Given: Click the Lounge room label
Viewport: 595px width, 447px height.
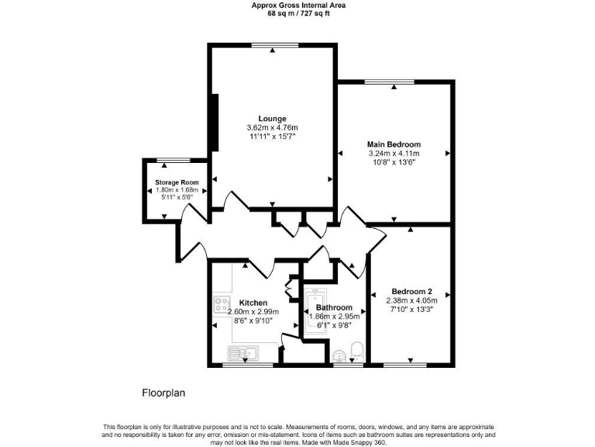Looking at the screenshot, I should point(272,118).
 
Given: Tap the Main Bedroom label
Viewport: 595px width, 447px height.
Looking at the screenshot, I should point(394,144).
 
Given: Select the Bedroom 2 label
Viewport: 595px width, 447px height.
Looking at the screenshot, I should point(411,292).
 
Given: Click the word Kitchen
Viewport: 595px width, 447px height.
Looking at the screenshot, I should point(253,303).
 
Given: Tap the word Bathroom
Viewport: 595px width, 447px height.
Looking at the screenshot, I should point(334,307).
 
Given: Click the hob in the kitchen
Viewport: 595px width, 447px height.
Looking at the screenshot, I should point(222,303).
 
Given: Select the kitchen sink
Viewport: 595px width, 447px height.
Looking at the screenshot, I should point(242,354).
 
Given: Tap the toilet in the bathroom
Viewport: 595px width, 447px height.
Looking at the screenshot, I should point(357,351).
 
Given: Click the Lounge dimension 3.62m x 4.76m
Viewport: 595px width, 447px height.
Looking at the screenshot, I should point(272,127).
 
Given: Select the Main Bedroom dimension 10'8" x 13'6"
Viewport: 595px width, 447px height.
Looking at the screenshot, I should point(394,163).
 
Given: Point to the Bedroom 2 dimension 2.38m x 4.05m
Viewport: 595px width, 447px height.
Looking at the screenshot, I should point(411,301).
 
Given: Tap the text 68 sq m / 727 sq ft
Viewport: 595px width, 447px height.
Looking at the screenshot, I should point(298,13).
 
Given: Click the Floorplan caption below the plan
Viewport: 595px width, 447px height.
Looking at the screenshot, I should point(163,393).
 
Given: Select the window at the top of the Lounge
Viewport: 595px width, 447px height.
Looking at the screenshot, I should point(274,47).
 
